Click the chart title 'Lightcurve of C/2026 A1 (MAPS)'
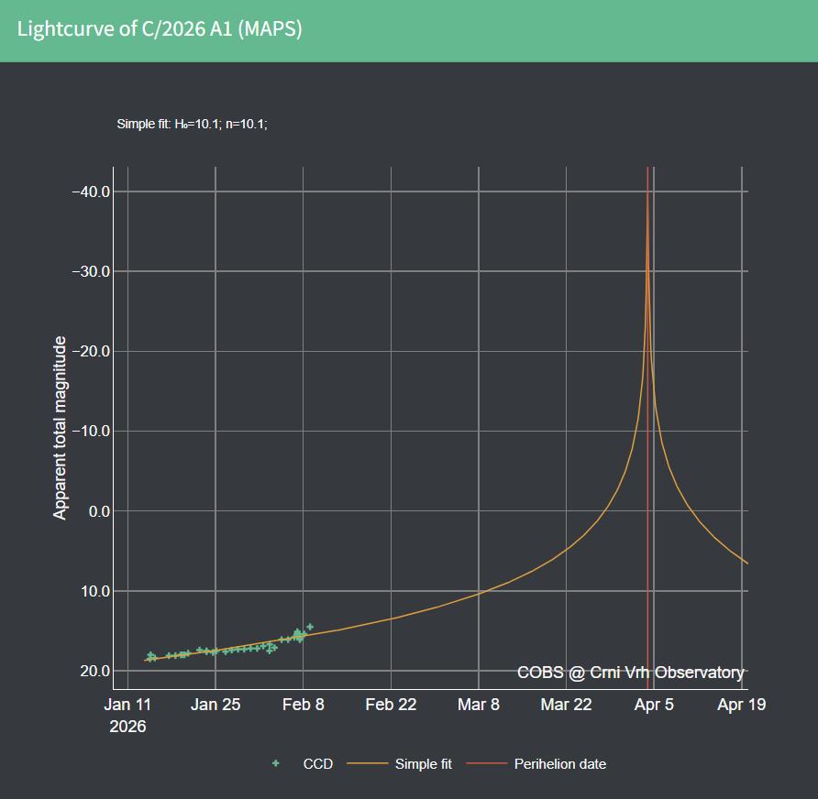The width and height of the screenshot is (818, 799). point(160,29)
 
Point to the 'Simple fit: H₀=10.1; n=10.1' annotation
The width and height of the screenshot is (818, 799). point(192,125)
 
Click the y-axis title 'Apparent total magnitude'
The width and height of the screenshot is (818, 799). point(61,428)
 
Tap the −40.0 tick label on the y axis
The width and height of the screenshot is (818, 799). point(91,192)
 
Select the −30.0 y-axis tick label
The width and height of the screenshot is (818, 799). point(91,271)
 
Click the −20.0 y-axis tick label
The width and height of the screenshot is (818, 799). point(91,351)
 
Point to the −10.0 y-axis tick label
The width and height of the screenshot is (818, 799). point(91,431)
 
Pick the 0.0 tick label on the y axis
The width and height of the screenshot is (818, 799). point(96,510)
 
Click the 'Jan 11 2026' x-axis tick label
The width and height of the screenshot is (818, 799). point(127,714)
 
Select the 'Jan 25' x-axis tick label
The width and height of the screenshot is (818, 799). point(216,705)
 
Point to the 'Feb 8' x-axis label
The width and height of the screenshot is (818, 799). point(304,705)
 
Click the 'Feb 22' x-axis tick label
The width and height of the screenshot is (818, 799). point(392,705)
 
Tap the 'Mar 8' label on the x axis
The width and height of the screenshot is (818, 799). point(480,705)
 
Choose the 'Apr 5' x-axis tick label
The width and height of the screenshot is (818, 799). point(655,705)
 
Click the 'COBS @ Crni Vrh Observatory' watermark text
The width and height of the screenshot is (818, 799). point(630,673)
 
